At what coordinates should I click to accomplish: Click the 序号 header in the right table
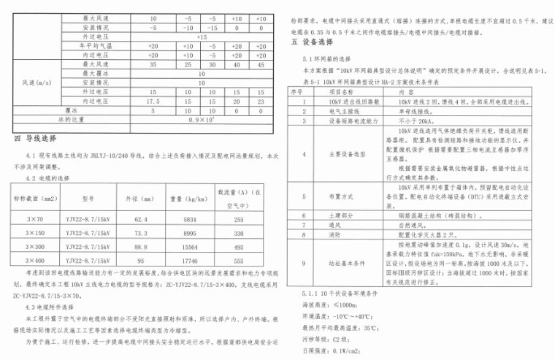pos(297,93)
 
